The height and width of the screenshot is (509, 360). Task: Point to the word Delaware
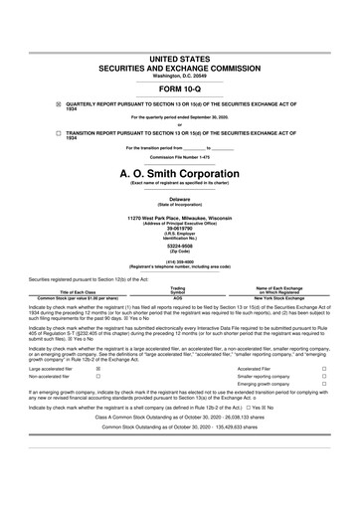pyautogui.click(x=179, y=199)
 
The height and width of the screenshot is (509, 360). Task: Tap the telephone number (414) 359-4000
pyautogui.click(x=179, y=264)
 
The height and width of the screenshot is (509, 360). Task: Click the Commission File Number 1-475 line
pyautogui.click(x=179, y=157)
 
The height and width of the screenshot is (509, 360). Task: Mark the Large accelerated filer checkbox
pyautogui.click(x=97, y=367)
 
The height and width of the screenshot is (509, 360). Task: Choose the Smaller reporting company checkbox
pyautogui.click(x=324, y=378)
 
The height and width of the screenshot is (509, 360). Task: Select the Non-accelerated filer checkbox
pyautogui.click(x=97, y=378)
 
